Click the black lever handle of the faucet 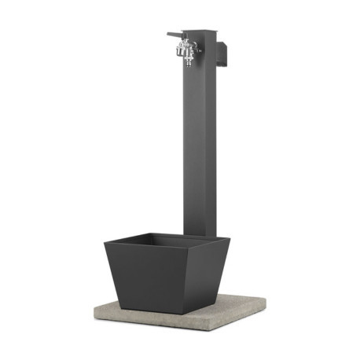pyautogui.click(x=174, y=35)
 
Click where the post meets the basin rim pyautogui.click(x=198, y=234)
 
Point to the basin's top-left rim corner pyautogui.click(x=105, y=243)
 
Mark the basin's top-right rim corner pyautogui.click(x=230, y=239)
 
